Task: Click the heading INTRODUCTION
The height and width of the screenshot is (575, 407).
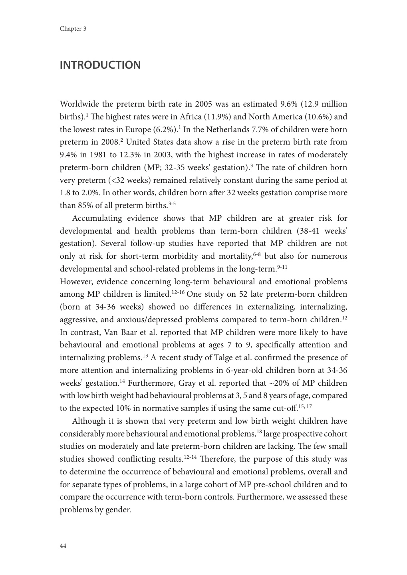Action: click(x=100, y=65)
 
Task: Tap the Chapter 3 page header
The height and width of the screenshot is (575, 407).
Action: click(x=73, y=29)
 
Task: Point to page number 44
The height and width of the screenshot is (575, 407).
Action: click(x=63, y=546)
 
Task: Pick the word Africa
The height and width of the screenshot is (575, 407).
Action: click(x=191, y=117)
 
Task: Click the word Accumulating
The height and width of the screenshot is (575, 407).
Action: click(x=97, y=218)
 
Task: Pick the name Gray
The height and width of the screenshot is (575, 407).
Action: click(x=188, y=383)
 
